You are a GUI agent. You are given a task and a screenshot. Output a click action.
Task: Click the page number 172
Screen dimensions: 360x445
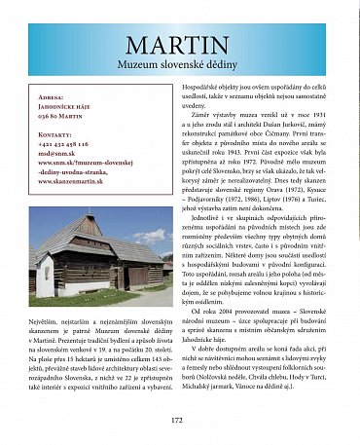(177, 421)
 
